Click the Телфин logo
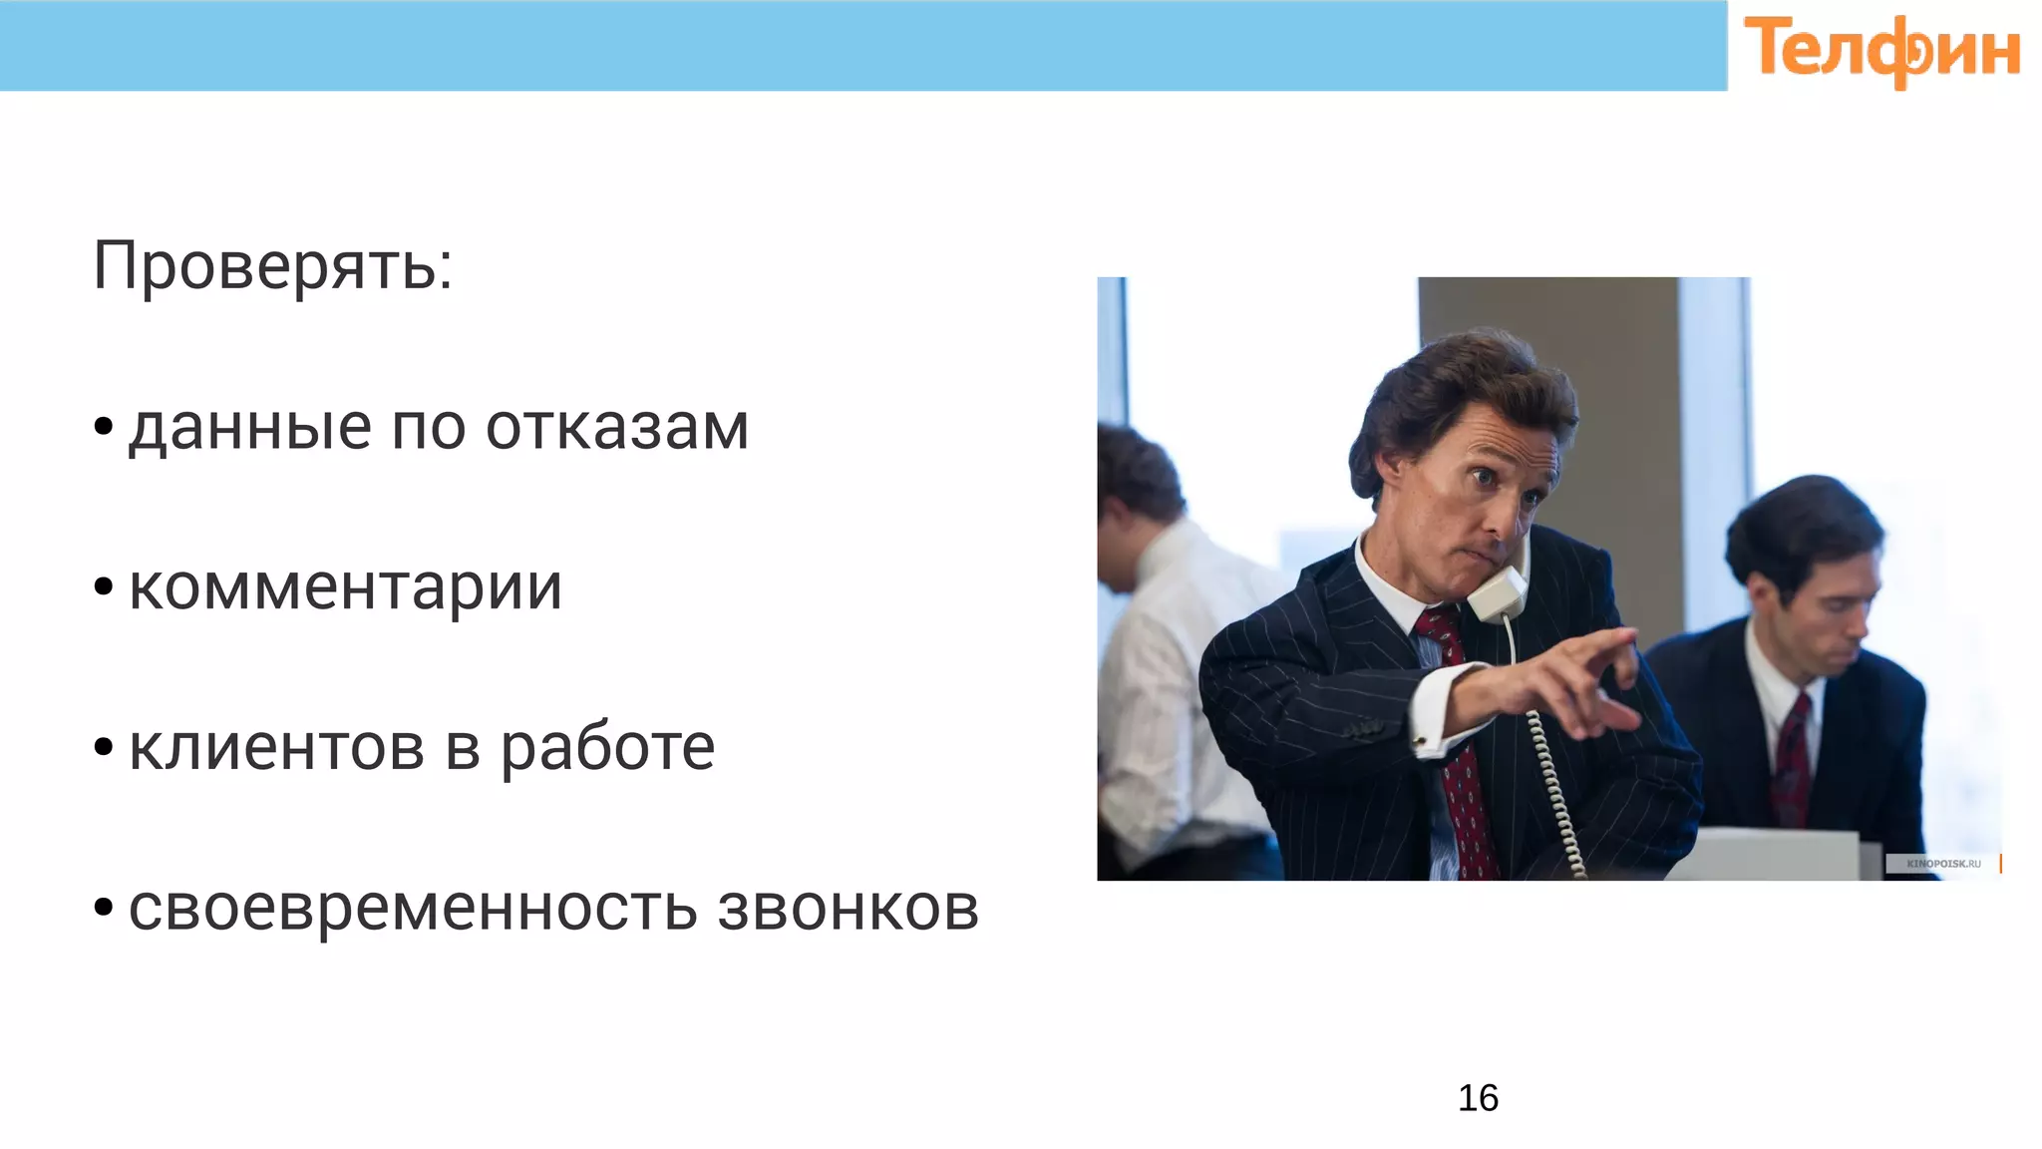coord(1881,50)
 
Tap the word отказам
coord(616,428)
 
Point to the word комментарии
coord(345,587)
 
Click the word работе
coord(607,748)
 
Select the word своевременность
coord(413,909)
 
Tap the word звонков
coord(848,909)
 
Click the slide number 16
coord(1478,1098)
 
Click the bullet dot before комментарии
coord(103,586)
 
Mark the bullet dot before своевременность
coord(103,908)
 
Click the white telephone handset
coord(1497,592)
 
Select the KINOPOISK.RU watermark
coord(1942,864)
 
